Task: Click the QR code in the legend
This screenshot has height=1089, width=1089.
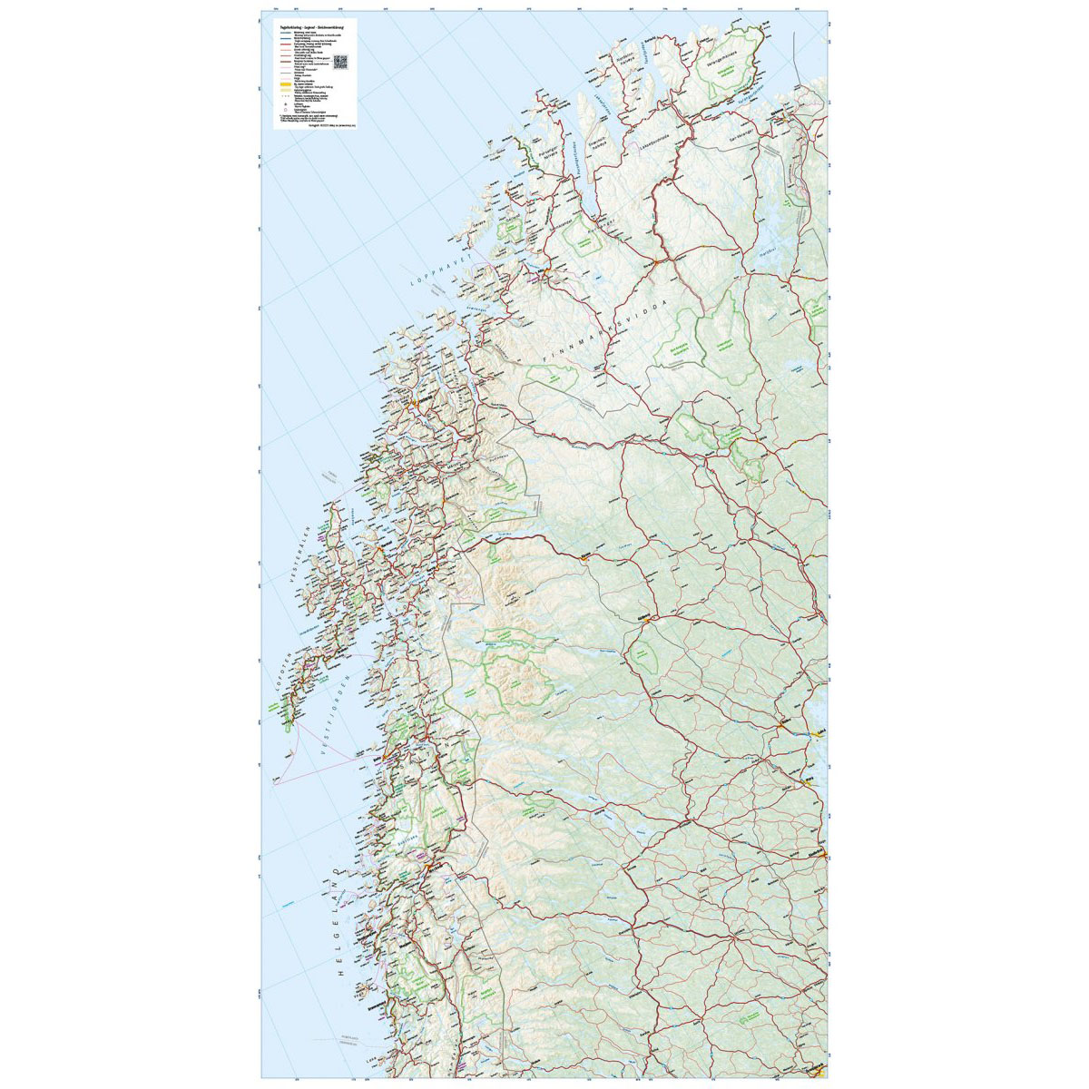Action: tap(341, 62)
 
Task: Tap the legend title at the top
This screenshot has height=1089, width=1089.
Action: tap(305, 30)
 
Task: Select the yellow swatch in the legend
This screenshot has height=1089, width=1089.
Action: tap(284, 85)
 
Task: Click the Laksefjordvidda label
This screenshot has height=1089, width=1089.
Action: tap(655, 135)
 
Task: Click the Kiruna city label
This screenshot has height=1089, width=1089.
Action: tap(584, 554)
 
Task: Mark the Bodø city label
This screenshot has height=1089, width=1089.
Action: tap(377, 752)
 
